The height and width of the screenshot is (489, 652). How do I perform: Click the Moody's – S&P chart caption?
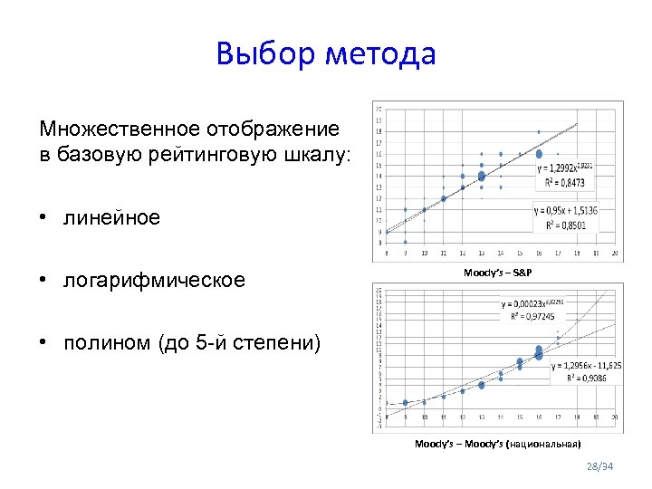(497, 272)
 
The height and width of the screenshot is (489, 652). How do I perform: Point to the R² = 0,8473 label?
(565, 183)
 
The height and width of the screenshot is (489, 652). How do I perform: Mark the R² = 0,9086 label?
(580, 379)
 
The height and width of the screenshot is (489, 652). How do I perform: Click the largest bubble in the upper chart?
(482, 177)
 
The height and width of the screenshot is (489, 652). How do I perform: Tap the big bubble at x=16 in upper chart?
(540, 155)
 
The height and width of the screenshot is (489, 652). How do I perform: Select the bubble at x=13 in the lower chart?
(482, 385)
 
